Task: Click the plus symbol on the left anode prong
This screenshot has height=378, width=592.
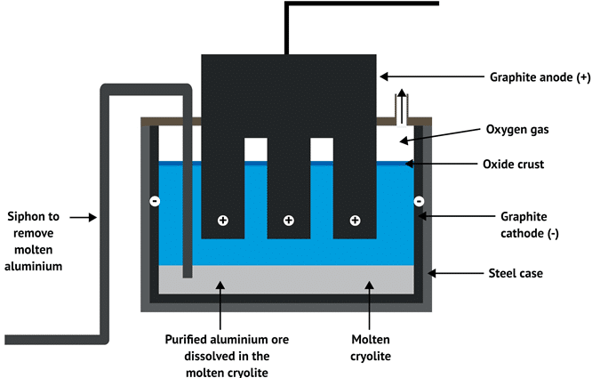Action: [x=222, y=220]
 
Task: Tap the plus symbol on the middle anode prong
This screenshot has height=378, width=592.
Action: [x=288, y=220]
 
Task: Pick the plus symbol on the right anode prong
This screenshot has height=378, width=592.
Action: [x=355, y=220]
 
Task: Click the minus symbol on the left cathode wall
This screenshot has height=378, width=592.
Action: [x=155, y=201]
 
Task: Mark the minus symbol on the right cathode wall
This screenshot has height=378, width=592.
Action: [x=418, y=201]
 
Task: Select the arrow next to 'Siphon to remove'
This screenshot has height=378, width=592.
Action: [x=84, y=215]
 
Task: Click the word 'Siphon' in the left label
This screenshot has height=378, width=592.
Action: [x=28, y=216]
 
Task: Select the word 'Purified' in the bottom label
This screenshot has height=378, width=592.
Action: [x=189, y=339]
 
